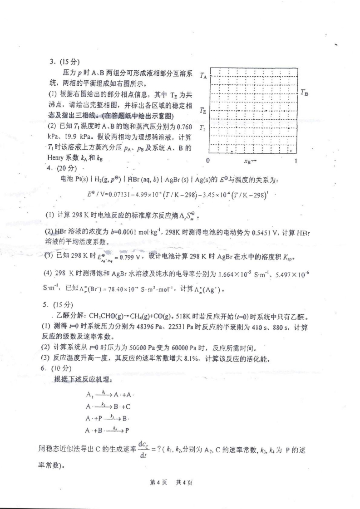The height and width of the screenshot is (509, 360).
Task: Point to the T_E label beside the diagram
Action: click(x=203, y=110)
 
